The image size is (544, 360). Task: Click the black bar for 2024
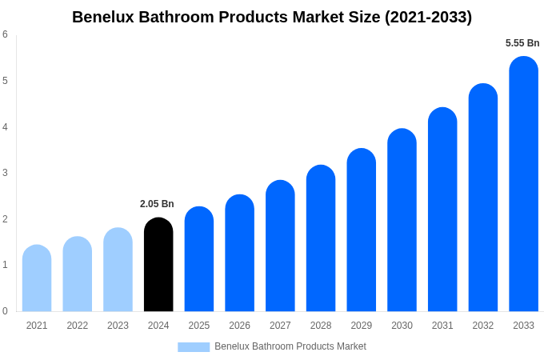[158, 265]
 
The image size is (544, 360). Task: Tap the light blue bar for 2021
[37, 278]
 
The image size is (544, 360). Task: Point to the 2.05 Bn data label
[157, 204]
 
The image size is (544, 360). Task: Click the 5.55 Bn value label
[522, 43]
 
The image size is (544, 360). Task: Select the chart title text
[272, 17]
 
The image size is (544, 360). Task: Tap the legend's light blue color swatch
[194, 347]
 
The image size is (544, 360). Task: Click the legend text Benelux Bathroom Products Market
[290, 346]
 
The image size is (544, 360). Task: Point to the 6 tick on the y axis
[5, 34]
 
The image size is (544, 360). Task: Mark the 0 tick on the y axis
[5, 311]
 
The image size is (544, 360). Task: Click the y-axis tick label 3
[5, 173]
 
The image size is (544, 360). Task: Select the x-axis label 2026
[239, 326]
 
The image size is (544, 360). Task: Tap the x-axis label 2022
[78, 326]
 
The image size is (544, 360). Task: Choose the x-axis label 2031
[442, 326]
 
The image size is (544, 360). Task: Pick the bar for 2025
[199, 259]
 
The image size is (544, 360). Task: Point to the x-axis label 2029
[361, 326]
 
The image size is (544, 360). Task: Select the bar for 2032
[483, 198]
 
